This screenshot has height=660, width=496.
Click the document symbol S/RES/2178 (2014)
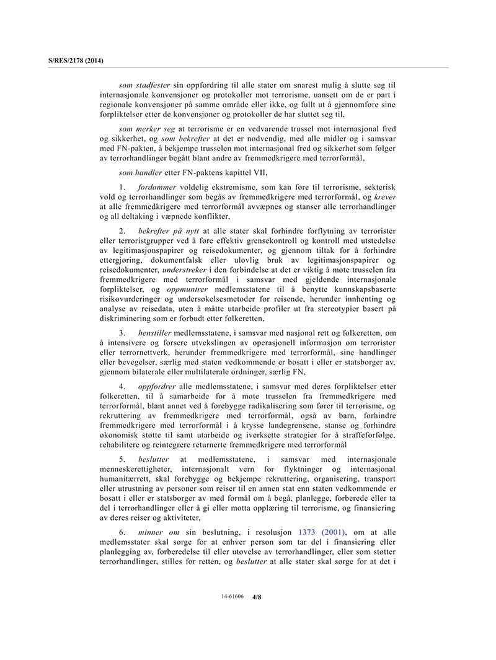[76, 61]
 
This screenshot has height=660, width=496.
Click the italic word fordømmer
[157, 187]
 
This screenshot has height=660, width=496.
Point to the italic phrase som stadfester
[144, 84]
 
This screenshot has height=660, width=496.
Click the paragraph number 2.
[122, 231]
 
